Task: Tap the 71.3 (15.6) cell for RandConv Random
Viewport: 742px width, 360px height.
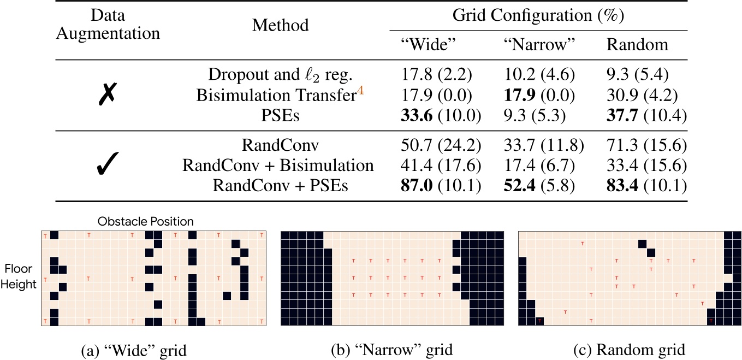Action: click(645, 146)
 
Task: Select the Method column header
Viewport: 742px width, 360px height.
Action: click(280, 25)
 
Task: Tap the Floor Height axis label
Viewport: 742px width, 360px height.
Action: click(20, 276)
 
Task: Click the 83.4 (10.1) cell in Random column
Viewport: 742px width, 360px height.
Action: click(645, 186)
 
